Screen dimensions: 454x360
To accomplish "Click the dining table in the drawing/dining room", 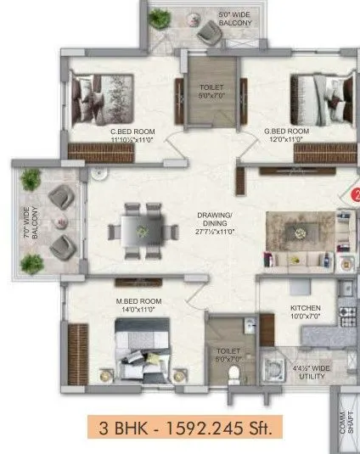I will [x=136, y=228].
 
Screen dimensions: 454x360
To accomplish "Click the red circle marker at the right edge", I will [x=354, y=193].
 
